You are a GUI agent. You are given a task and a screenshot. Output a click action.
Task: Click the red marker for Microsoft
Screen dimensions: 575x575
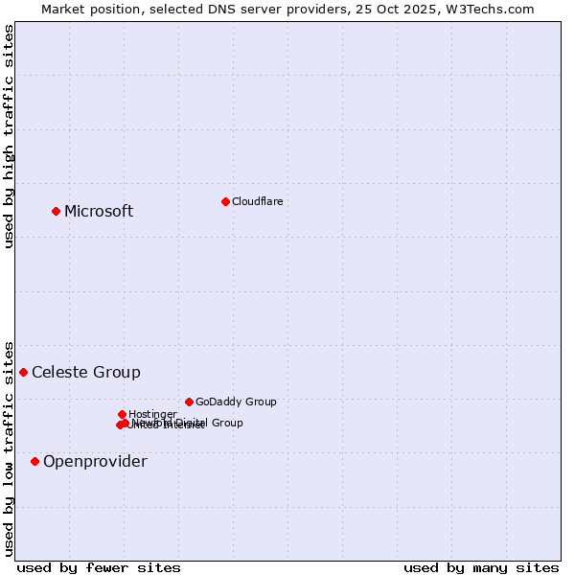[57, 211]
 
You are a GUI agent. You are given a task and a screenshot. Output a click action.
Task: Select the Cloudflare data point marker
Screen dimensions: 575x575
[225, 201]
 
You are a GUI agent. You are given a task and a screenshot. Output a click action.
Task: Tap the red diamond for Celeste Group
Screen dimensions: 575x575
[24, 372]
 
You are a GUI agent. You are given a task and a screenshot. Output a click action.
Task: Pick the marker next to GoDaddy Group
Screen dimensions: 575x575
[189, 402]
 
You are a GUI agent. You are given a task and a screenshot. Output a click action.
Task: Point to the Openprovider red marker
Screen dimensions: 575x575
[35, 461]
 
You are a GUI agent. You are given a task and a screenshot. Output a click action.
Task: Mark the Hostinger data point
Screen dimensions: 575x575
[122, 414]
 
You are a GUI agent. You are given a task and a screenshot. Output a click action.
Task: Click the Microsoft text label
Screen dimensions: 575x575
[99, 211]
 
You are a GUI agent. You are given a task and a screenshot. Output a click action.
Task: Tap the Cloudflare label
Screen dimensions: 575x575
[257, 201]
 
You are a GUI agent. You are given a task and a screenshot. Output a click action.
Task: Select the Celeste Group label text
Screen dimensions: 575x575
[86, 372]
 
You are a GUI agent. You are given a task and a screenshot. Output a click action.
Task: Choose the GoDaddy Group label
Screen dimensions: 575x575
[236, 402]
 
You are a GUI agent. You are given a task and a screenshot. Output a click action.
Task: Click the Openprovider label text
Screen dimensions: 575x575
[95, 461]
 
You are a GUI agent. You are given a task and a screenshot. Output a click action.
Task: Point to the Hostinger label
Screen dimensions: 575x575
[152, 414]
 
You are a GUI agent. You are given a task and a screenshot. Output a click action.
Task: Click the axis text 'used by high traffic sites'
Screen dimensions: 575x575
[10, 136]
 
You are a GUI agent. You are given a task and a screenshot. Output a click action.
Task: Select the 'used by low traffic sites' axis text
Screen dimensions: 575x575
[10, 448]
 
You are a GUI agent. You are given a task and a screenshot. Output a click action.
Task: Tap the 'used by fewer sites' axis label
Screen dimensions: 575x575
[99, 567]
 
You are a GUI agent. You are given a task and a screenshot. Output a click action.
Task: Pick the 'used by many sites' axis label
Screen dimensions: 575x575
[481, 567]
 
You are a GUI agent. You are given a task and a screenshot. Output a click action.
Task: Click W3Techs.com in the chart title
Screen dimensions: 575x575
[494, 9]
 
